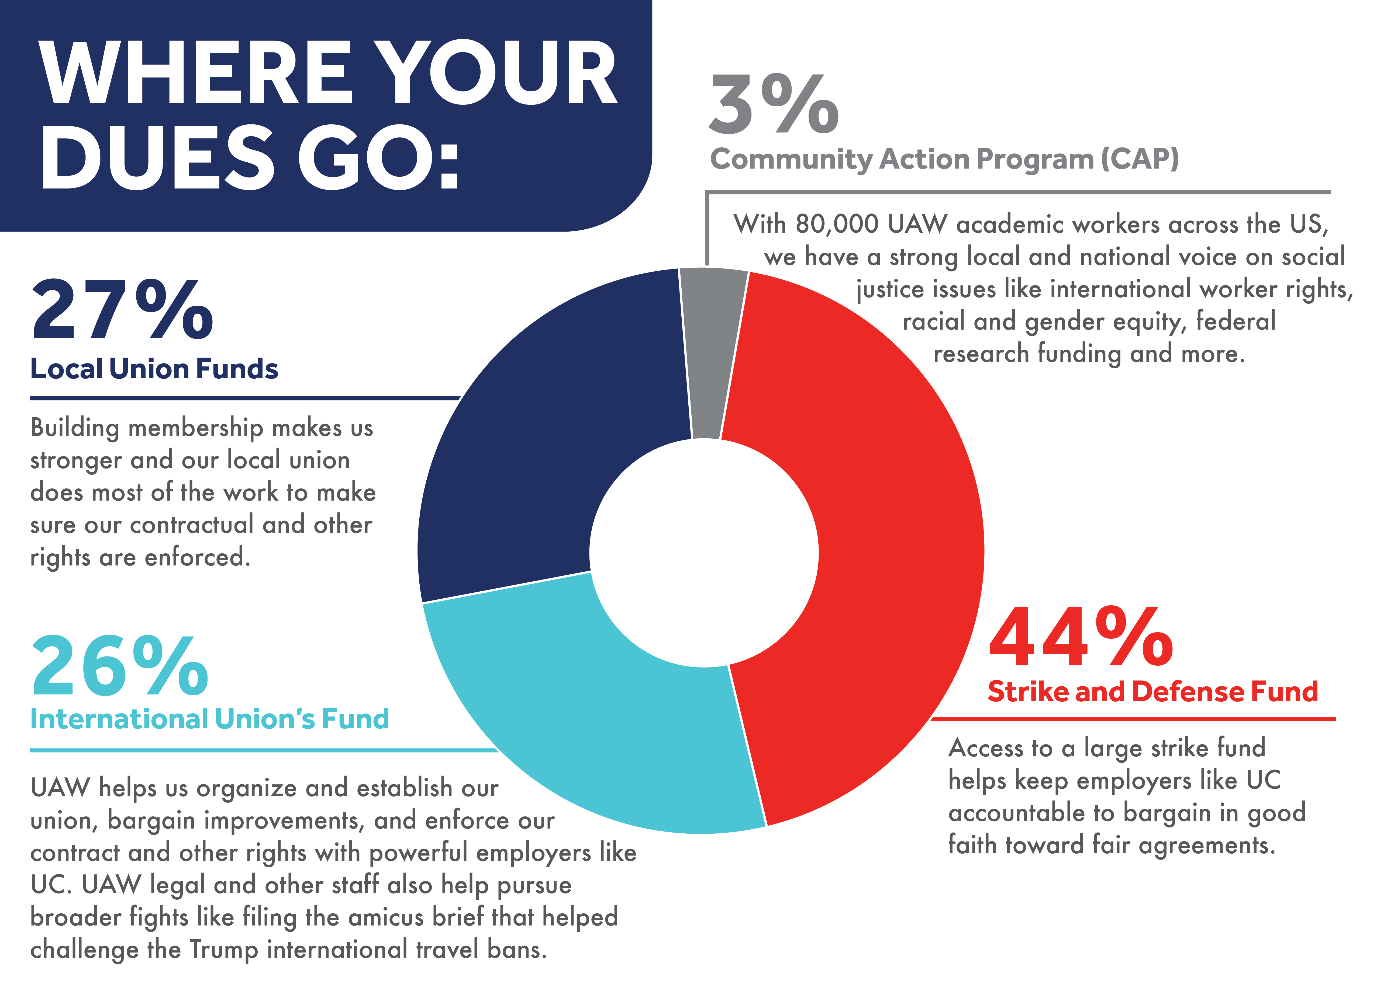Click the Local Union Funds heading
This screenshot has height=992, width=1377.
coord(154,369)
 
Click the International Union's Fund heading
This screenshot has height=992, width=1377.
coord(209,719)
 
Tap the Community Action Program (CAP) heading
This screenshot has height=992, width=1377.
coord(944,159)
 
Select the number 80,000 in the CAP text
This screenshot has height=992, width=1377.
coord(837,225)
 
